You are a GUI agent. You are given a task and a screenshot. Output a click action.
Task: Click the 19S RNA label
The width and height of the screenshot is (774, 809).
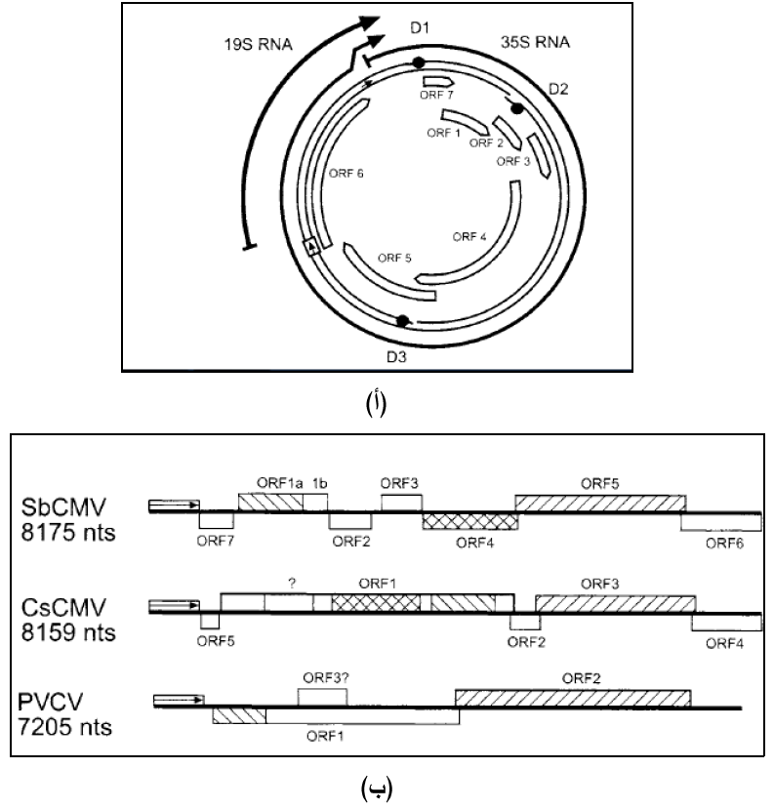click(x=252, y=44)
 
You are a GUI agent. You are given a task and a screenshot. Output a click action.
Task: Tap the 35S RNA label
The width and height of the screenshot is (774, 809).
click(x=531, y=43)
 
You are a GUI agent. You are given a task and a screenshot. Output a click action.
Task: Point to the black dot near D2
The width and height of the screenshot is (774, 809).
click(x=517, y=108)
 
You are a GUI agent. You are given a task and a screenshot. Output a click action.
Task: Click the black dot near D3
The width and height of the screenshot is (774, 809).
click(x=402, y=320)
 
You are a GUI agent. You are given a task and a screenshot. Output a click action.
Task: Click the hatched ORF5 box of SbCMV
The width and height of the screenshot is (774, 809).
click(x=599, y=502)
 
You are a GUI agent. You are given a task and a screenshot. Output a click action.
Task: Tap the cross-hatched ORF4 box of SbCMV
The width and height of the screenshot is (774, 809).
click(x=470, y=521)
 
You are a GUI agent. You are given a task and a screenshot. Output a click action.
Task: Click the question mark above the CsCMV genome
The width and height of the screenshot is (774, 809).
click(x=290, y=583)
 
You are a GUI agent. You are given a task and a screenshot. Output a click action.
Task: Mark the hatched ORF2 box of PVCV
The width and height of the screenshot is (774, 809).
click(x=573, y=697)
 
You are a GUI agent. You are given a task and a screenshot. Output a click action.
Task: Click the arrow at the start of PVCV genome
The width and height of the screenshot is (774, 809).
click(x=178, y=699)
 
